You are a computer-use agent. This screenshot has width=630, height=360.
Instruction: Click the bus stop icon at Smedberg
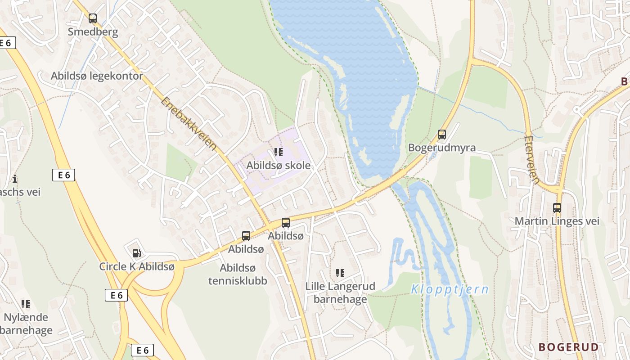93,18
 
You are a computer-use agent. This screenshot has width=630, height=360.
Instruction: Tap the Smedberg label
93,32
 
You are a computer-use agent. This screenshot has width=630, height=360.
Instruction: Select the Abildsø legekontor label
97,76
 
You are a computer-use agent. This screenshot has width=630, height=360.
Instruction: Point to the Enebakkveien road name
188,124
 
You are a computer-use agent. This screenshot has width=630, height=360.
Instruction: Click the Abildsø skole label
278,165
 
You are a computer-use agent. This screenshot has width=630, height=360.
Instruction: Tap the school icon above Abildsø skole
279,152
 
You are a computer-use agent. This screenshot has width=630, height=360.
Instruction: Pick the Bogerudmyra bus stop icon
442,134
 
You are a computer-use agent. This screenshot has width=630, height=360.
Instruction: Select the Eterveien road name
532,160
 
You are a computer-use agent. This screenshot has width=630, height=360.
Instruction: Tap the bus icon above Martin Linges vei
557,208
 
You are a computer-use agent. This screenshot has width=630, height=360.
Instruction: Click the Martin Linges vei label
557,221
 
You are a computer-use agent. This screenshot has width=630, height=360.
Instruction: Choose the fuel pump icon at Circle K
137,253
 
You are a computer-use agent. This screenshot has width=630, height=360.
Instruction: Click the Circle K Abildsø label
137,266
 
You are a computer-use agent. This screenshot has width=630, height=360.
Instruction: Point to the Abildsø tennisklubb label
238,274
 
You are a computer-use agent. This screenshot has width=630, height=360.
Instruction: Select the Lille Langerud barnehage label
340,292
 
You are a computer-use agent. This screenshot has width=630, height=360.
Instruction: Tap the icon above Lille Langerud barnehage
340,273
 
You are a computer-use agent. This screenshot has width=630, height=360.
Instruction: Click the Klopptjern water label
450,289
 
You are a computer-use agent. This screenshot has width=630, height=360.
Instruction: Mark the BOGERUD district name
569,347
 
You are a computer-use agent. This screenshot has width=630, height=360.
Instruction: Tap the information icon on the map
15,179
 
